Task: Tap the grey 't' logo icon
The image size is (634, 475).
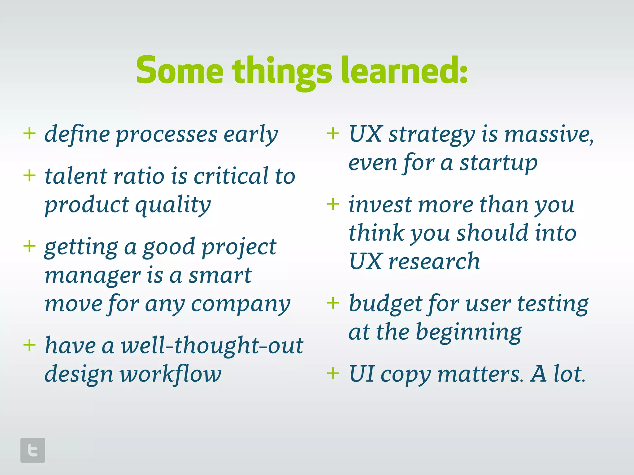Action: (33, 450)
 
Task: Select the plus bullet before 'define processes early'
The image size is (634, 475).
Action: (29, 134)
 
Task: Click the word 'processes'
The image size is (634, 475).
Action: (167, 135)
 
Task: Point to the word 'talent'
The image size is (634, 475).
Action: (76, 176)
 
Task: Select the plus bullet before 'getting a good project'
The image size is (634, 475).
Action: (29, 246)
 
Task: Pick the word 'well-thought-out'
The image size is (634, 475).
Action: (212, 345)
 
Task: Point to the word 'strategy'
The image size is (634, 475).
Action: (432, 135)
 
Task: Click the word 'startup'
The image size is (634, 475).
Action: (498, 163)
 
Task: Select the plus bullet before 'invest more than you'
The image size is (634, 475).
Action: (333, 204)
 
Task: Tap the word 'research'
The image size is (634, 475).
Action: (434, 262)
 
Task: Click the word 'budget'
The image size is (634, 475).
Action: (385, 304)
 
